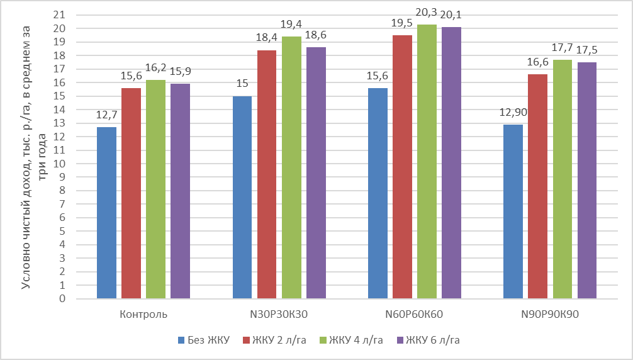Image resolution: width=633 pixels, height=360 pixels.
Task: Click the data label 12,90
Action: (513, 115)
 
